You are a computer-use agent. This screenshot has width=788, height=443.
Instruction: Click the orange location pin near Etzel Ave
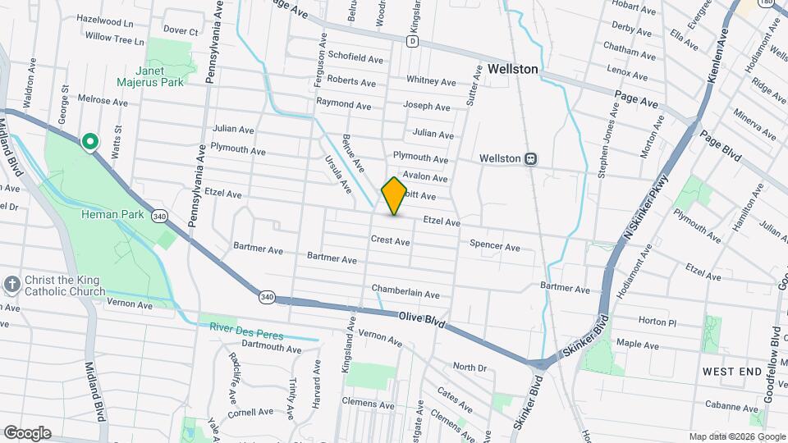click(394, 195)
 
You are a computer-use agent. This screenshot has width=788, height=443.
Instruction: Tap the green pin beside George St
click(90, 142)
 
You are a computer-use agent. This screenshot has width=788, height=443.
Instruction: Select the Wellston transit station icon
click(531, 158)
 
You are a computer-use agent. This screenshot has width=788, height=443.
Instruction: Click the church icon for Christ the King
click(11, 284)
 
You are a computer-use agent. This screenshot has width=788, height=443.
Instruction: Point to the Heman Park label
click(113, 215)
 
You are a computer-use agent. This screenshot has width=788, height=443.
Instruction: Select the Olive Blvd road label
click(422, 321)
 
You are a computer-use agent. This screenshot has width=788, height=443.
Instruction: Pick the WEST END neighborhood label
click(732, 372)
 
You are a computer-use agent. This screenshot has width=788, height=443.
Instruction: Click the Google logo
click(27, 432)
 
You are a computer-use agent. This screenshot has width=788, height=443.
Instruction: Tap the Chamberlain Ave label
click(405, 290)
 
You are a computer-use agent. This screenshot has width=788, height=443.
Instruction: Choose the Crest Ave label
click(390, 241)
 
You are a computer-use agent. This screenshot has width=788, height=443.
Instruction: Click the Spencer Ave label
click(495, 247)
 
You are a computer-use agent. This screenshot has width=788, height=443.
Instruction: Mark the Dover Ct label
click(181, 31)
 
